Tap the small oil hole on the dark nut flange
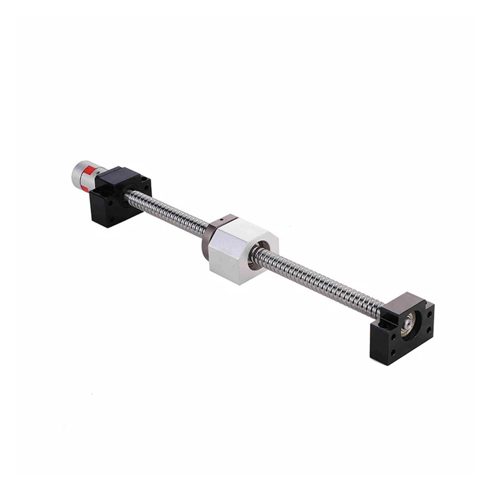[221, 220]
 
